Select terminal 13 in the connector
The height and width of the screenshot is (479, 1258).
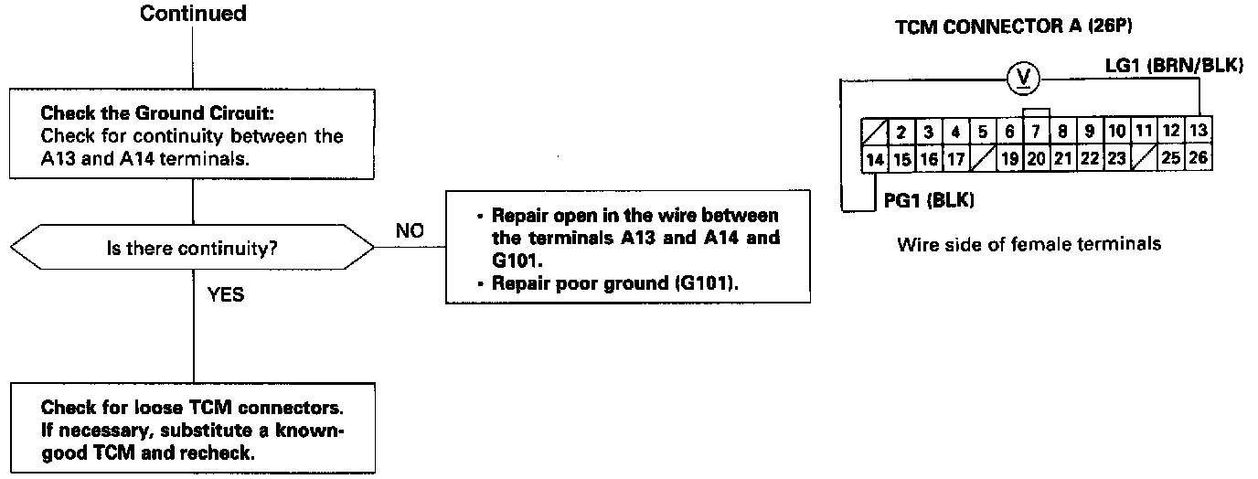pos(1199,132)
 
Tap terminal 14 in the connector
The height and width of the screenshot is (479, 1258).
pos(874,158)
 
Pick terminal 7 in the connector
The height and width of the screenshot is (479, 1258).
pos(1036,132)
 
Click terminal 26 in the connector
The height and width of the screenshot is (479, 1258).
pos(1199,158)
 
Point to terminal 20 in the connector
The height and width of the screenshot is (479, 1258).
pos(1036,158)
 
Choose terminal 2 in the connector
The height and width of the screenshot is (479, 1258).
pos(901,132)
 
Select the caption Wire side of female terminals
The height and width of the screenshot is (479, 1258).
pos(1029,244)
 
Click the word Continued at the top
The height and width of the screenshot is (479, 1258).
pos(193,14)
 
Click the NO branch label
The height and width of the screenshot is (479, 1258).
pos(410,231)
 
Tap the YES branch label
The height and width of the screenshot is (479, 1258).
pos(227,296)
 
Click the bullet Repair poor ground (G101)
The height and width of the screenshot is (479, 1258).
pos(614,282)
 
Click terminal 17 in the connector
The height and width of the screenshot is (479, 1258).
pos(955,158)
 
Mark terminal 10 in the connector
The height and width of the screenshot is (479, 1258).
pos(1117,132)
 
